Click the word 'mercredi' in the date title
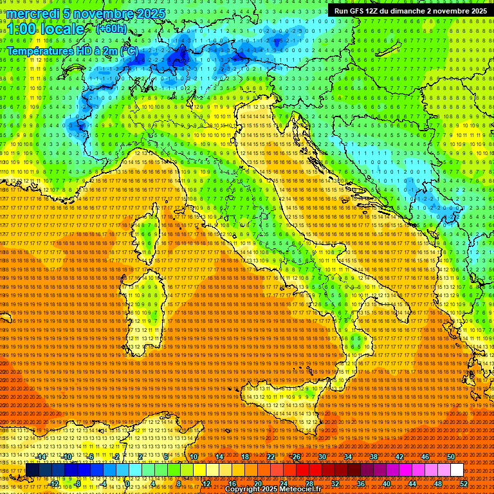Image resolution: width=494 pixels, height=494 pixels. tap(32, 14)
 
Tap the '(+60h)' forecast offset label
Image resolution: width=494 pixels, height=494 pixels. tap(111, 29)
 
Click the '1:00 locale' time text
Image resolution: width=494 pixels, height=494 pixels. tap(45, 30)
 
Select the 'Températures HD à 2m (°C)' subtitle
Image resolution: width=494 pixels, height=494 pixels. tap(72, 51)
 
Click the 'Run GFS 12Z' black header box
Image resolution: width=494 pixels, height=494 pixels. tap(410, 11)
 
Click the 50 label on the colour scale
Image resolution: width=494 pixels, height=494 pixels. tap(450, 457)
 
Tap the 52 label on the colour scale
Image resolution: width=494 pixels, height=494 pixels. tap(463, 484)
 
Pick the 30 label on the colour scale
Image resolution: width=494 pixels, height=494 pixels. tap(322, 457)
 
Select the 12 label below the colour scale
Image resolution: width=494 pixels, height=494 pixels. tap(206, 484)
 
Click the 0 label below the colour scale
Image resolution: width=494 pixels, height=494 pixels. tap(128, 484)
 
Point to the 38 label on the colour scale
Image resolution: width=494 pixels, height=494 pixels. tap(373, 457)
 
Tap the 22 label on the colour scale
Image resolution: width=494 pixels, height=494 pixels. tap(270, 457)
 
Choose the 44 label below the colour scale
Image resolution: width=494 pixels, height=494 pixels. tap(412, 484)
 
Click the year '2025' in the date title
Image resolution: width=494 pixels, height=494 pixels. tap(152, 14)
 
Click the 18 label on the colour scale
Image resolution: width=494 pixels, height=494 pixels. tap(244, 457)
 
